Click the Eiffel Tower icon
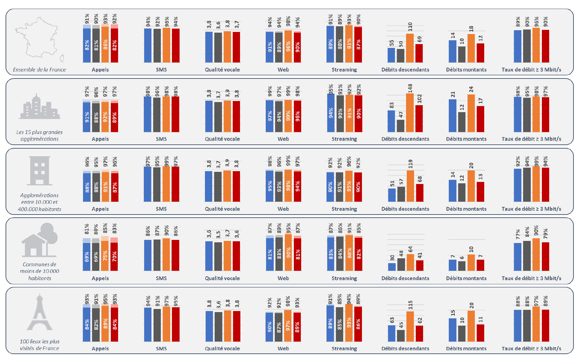click(x=40, y=312)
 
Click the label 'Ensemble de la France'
click(x=39, y=69)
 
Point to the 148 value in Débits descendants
click(x=410, y=88)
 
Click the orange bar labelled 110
click(x=410, y=48)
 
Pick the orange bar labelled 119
click(x=410, y=186)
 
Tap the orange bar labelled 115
click(x=410, y=326)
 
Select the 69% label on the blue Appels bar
click(x=87, y=257)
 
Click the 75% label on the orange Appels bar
click(x=105, y=256)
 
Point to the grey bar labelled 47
click(x=401, y=126)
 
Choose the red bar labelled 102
click(x=419, y=119)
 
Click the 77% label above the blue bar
click(x=518, y=234)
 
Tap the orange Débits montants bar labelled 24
click(x=471, y=113)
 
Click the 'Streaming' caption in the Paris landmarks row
click(x=344, y=348)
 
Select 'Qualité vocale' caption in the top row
click(x=222, y=69)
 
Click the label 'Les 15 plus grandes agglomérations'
click(x=39, y=135)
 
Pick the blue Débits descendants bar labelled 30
click(x=392, y=267)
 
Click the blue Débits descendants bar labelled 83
click(x=391, y=121)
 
